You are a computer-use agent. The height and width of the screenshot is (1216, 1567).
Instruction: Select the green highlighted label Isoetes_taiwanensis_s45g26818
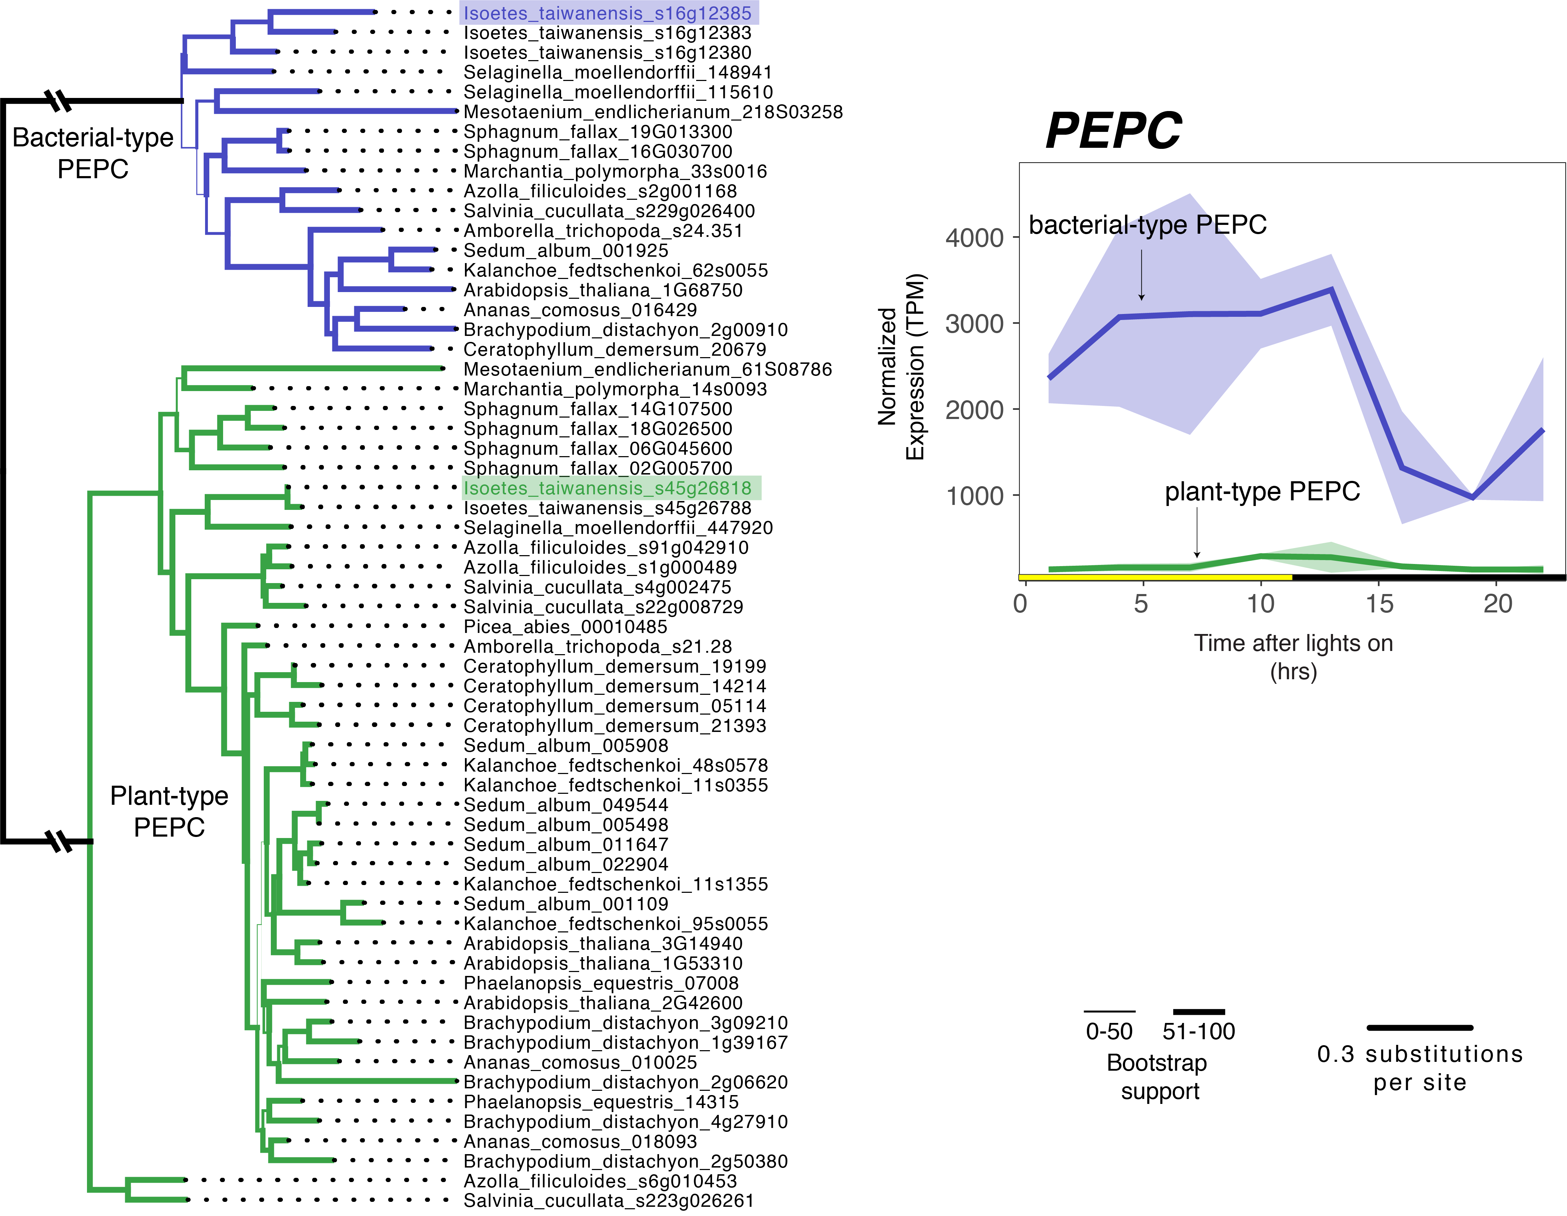pos(608,489)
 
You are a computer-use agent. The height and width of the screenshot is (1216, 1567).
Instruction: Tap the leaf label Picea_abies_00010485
pos(565,627)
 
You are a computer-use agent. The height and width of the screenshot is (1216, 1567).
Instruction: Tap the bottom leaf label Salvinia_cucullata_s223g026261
pos(608,1201)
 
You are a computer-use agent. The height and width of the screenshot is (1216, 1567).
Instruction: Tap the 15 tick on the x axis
pos(1379,604)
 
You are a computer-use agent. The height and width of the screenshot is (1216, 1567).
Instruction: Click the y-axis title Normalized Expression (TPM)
pos(901,367)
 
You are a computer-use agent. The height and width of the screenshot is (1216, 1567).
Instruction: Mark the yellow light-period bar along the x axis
pos(1155,577)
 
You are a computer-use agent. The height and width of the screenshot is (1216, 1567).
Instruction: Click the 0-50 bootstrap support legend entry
pos(1109,1031)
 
